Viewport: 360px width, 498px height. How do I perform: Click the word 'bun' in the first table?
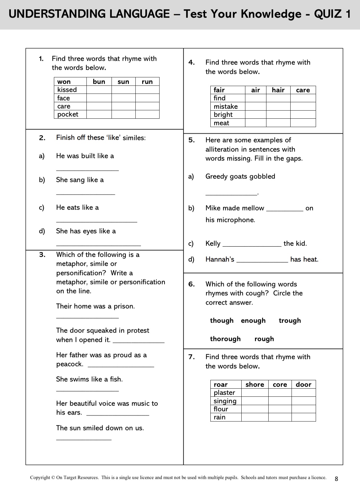click(99, 82)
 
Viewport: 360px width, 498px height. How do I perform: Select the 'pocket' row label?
click(68, 114)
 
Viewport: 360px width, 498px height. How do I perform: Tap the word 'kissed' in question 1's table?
click(67, 90)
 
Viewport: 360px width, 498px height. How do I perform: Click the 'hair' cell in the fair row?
click(278, 90)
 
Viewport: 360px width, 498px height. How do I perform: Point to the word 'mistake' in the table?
click(226, 106)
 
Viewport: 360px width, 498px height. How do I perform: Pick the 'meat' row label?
click(221, 123)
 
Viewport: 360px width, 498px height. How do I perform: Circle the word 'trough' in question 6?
click(290, 320)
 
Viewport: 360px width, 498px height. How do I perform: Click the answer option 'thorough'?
click(225, 339)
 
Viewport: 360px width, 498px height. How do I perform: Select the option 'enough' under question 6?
click(253, 320)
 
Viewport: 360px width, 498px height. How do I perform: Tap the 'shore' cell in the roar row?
click(255, 384)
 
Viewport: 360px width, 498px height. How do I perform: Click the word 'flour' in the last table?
click(221, 409)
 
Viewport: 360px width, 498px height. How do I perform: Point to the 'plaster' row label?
click(224, 393)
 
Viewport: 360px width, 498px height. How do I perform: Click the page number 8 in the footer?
click(336, 478)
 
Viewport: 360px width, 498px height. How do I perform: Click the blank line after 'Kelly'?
click(252, 245)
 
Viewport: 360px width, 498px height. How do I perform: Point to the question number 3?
click(42, 255)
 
